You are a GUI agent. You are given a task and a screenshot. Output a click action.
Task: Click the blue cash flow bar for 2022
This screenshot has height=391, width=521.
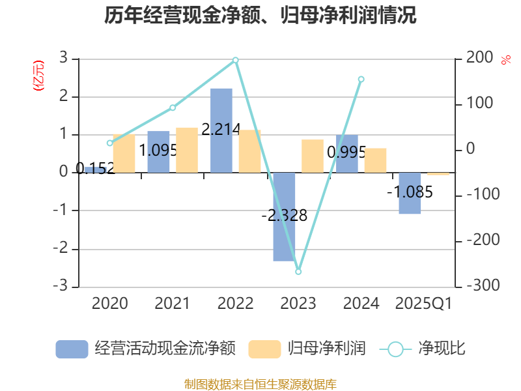coord(221,130)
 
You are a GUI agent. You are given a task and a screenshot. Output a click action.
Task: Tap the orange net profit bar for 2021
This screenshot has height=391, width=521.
coord(187,150)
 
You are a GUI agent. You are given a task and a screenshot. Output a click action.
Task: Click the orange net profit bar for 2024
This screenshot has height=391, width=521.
coord(375,160)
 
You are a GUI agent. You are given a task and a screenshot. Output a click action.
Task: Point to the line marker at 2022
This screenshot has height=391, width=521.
coord(236,60)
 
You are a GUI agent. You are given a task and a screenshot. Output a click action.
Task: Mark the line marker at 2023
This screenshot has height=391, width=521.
coord(298,271)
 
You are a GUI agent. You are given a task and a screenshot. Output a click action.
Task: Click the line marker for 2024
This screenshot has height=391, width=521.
coord(361,79)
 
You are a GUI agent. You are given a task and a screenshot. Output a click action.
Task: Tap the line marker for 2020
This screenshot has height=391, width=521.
coord(109,143)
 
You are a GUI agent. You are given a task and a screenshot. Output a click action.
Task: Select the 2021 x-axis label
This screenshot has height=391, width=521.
coord(172,303)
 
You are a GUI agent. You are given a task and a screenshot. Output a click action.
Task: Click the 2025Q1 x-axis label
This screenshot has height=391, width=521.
coord(424,303)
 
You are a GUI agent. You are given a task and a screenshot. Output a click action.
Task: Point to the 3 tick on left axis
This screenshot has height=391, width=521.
coord(63,58)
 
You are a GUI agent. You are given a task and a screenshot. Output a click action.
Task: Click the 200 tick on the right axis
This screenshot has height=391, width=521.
coord(479,58)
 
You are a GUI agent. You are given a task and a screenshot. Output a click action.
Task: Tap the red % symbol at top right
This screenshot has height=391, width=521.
coord(505,60)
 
